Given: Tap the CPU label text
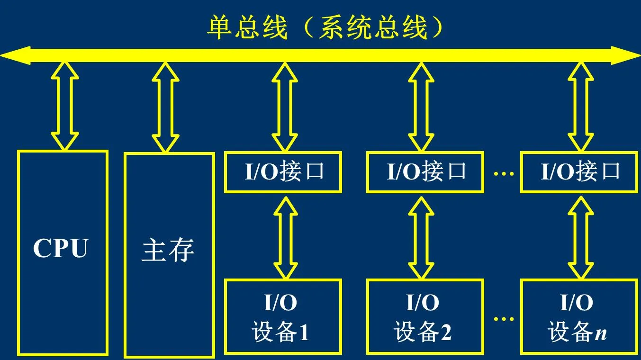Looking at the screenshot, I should pos(61,248).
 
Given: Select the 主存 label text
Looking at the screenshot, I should pos(168,250).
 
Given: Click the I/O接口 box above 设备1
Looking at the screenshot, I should pos(283,172).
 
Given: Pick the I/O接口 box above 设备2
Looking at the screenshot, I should pos(425,172).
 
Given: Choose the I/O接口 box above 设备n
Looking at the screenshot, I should pos(578,172).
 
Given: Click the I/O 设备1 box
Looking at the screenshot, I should pos(283,316).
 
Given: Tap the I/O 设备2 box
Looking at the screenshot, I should pos(425,316).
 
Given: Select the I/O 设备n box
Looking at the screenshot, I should pos(578,316).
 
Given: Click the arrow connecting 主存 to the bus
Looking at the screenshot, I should pos(165,107).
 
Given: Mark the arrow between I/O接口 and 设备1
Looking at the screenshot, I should pos(285,236).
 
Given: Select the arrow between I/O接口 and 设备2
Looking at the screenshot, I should pos(421,236).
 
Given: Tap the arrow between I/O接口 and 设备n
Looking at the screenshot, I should pos(581,236).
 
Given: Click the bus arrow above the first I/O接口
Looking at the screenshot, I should pos(285,107).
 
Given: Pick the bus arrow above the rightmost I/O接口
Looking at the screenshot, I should pos(581,107).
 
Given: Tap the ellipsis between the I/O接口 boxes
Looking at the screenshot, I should pos(503,174).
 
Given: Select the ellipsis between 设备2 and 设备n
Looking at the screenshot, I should pos(503,319).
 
